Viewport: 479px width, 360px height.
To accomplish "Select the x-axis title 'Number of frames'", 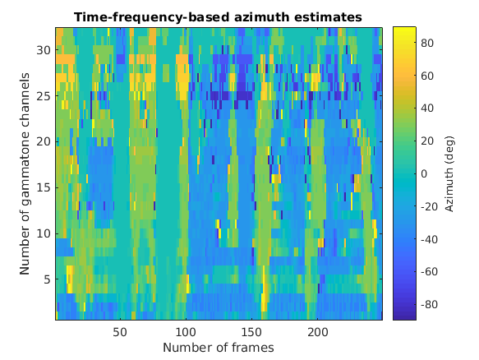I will tap(219, 348).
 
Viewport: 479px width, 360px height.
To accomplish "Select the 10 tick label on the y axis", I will tap(44, 233).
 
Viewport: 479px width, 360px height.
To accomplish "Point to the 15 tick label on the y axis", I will tap(44, 187).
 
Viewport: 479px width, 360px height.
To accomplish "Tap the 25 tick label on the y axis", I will tap(44, 95).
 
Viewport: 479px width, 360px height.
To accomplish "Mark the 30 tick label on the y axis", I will tap(44, 49).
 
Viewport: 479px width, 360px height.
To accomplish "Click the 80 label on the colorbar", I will tap(427, 42).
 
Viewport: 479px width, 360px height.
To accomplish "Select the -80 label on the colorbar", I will tap(429, 304).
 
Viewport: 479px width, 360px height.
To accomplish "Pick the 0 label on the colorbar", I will tap(424, 173).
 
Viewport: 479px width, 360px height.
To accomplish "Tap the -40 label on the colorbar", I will tap(429, 238).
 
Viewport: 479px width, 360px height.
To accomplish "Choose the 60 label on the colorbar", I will tap(427, 75).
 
